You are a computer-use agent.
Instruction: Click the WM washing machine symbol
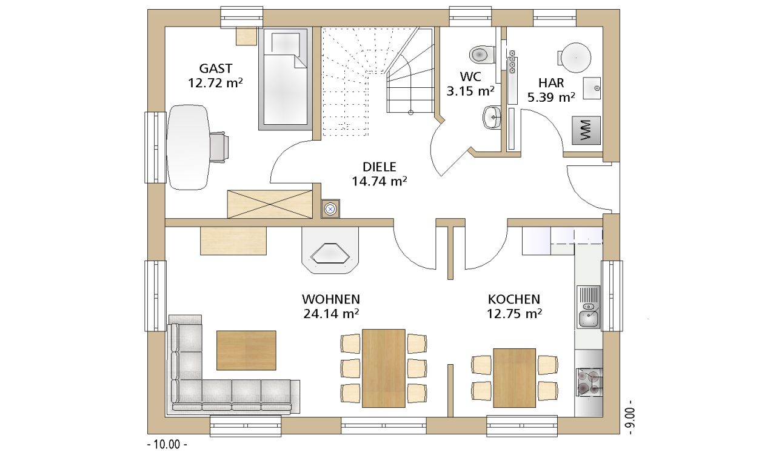(x=586, y=130)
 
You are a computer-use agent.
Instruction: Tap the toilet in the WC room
(x=482, y=55)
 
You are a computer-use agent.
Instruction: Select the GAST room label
(x=215, y=68)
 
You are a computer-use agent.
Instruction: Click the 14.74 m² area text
(x=379, y=181)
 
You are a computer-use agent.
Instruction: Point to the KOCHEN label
(x=514, y=299)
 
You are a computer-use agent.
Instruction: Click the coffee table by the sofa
(x=246, y=350)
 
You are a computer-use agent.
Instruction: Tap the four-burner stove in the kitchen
(x=589, y=382)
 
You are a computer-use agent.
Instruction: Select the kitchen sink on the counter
(x=588, y=307)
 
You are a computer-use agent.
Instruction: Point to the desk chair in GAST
(x=219, y=147)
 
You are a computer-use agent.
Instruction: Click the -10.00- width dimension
(x=167, y=444)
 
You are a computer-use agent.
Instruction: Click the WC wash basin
(x=492, y=118)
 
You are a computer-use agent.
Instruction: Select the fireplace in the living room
(x=330, y=250)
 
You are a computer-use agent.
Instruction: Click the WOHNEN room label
(x=331, y=299)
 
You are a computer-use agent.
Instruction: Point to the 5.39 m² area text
(x=551, y=98)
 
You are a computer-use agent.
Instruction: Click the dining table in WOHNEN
(x=384, y=368)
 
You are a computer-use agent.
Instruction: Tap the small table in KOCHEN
(x=515, y=378)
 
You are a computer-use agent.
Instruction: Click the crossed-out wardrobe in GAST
(x=270, y=204)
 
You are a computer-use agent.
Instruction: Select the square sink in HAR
(x=592, y=88)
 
